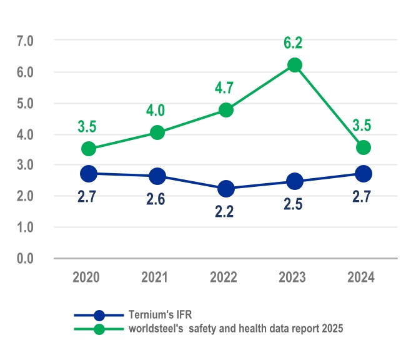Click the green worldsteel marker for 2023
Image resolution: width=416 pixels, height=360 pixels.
click(295, 66)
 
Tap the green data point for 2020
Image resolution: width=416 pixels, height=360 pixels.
click(89, 149)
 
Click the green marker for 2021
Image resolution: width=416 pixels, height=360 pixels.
click(157, 132)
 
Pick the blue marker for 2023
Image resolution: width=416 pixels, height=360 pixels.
click(295, 181)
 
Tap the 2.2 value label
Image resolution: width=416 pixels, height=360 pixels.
click(225, 212)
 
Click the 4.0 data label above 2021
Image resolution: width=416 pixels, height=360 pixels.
click(156, 111)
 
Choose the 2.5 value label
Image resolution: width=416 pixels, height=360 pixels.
click(294, 204)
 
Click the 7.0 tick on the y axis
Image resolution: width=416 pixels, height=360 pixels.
click(25, 41)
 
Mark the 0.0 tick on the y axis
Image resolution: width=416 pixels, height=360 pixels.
click(25, 258)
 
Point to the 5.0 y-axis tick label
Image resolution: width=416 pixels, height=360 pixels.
click(25, 103)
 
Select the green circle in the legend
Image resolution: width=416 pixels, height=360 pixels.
click(99, 329)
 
